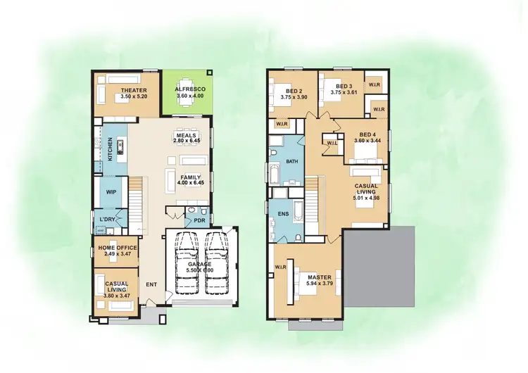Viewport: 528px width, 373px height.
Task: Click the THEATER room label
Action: click(132, 91)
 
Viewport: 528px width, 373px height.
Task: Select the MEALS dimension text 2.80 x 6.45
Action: click(187, 141)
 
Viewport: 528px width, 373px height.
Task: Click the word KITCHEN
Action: click(110, 150)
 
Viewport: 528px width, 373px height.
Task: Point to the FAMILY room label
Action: click(191, 177)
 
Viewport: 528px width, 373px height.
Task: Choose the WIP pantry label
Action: click(111, 191)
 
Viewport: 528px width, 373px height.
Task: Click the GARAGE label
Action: click(200, 265)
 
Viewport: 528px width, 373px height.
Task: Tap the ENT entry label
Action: click(151, 285)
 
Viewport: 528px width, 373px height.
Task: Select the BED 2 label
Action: click(291, 91)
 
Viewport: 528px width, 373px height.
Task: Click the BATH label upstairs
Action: click(292, 162)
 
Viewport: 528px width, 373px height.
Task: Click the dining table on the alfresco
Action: click(187, 101)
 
